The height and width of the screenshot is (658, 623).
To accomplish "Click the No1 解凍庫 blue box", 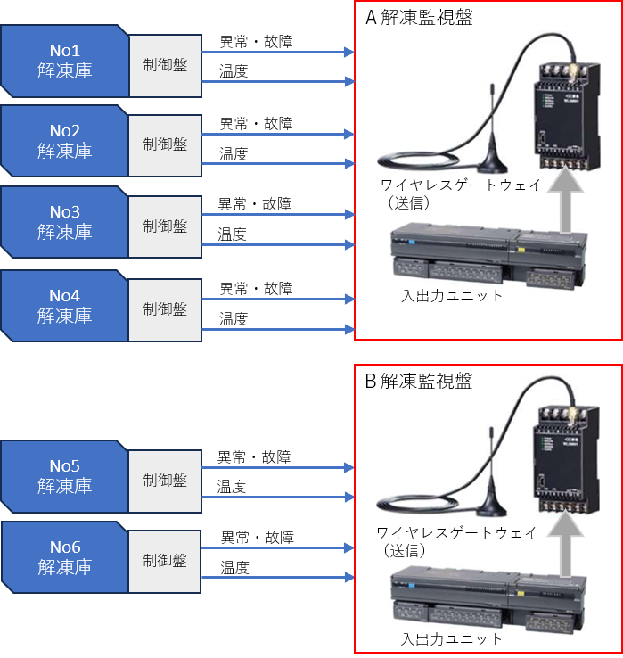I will tap(64, 61).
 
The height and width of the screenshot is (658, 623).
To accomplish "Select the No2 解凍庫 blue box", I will tap(64, 141).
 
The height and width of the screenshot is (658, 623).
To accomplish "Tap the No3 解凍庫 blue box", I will tap(64, 221).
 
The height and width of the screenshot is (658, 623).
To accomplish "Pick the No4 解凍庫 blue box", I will tap(64, 305).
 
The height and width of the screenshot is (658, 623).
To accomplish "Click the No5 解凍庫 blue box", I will tap(64, 476).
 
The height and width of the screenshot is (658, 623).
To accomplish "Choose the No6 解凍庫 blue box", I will tap(64, 557).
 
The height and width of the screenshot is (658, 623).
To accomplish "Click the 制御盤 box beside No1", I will tap(165, 65).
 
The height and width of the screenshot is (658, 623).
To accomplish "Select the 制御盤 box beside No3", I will tap(165, 226).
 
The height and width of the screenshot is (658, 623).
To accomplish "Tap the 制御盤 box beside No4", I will tap(165, 309).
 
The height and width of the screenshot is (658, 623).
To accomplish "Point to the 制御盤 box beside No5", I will tap(165, 481).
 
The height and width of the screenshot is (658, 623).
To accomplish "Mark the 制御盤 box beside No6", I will tap(165, 561).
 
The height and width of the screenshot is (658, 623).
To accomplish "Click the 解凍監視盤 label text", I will tap(425, 382).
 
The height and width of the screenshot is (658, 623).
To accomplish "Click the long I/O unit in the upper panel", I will tap(488, 259).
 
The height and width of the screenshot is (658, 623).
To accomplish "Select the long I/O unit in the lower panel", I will tap(488, 601).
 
